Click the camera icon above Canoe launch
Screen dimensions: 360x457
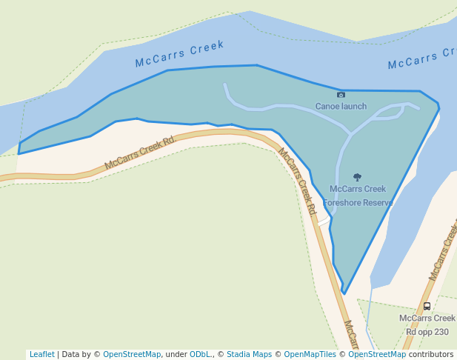pos(341,95)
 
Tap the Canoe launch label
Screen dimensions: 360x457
pos(341,106)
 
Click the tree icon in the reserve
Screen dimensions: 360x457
pos(358,178)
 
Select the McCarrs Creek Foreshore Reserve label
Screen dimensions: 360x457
pos(358,196)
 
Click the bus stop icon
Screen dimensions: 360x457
pos(427,306)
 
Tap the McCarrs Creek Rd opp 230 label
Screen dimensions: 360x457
pos(427,324)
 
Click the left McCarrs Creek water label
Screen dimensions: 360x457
pos(179,54)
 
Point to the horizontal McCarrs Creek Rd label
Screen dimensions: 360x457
pos(139,153)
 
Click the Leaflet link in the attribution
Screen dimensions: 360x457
pos(41,354)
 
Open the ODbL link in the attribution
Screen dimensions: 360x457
pos(201,354)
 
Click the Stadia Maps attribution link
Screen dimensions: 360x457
pos(249,354)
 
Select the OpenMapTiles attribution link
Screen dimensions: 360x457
pos(310,354)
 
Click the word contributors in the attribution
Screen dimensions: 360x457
pos(431,354)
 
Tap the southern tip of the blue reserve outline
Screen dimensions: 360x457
pos(344,293)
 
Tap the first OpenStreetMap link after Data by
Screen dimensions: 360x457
pos(131,354)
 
